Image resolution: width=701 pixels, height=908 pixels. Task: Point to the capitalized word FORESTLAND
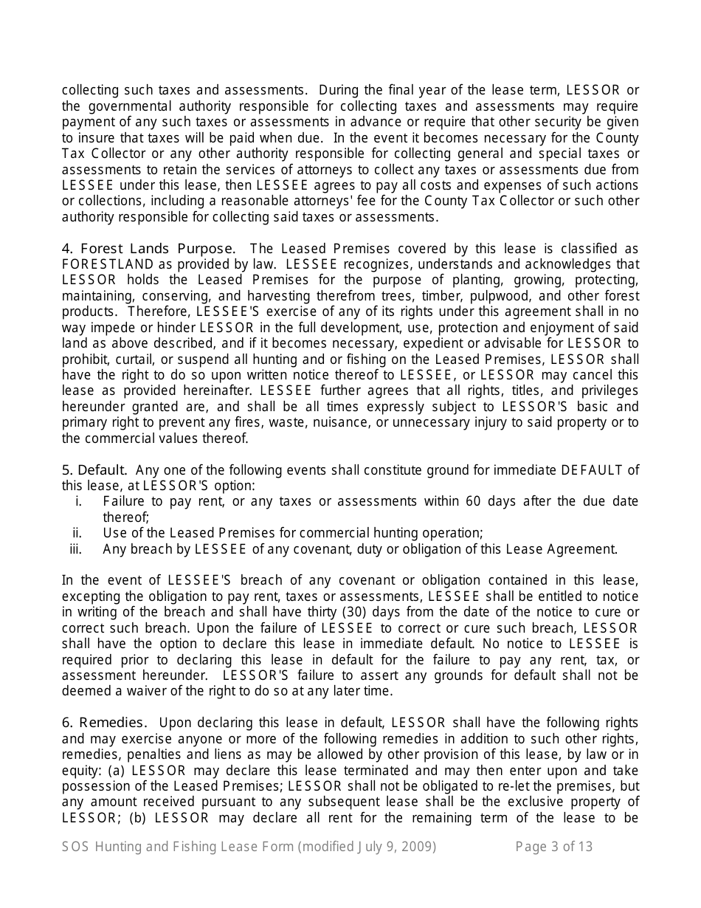coord(108,264)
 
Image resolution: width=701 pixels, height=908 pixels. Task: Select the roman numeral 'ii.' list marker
coord(77,533)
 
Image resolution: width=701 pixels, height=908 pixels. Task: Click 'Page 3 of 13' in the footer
coord(553,847)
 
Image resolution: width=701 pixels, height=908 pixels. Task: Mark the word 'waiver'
coord(133,691)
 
